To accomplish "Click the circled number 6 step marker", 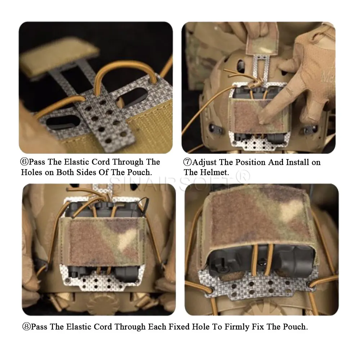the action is (24, 162).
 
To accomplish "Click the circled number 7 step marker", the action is (187, 162).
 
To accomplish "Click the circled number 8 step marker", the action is (26, 327).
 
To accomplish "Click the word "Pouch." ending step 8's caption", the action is (295, 327).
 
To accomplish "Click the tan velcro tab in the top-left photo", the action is (60, 59).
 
